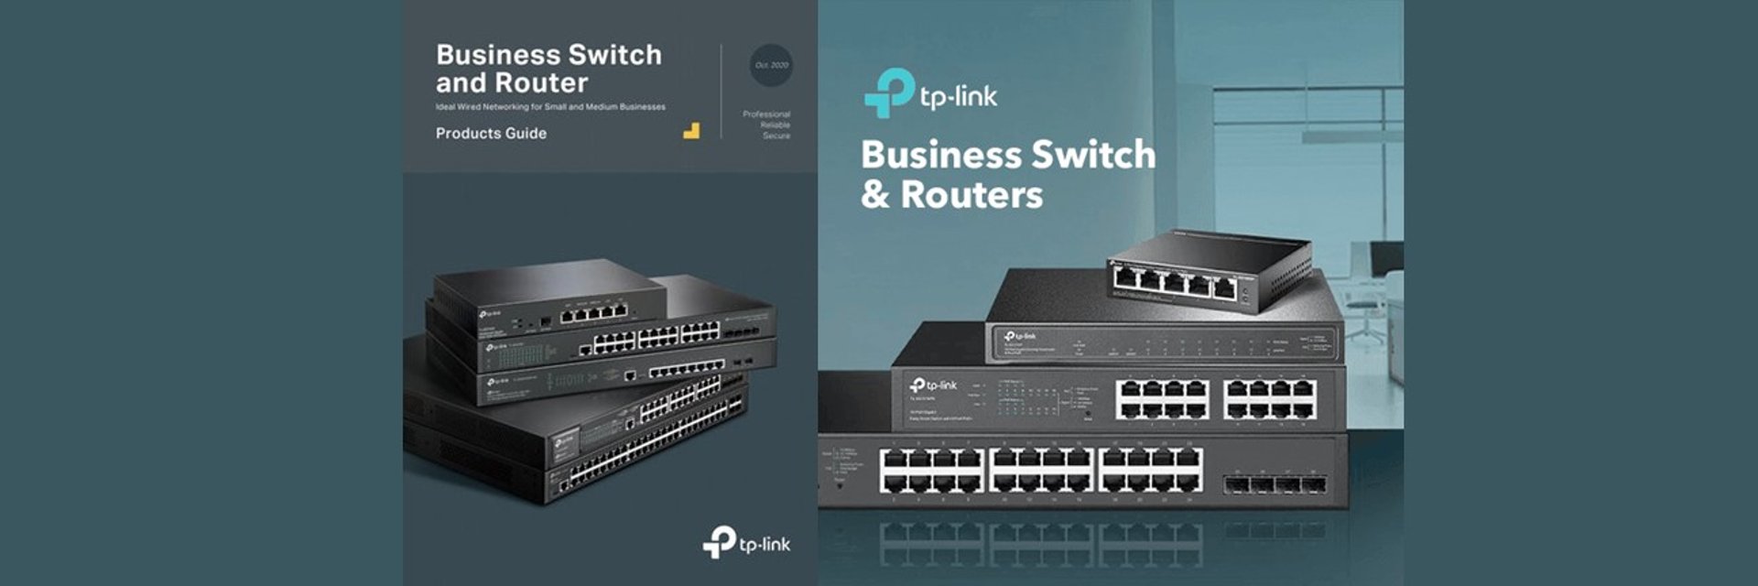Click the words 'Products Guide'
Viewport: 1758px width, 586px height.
pos(491,134)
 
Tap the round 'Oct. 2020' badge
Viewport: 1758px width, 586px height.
pos(771,65)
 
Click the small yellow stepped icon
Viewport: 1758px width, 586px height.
pos(691,131)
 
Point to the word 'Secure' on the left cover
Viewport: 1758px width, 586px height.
pos(776,136)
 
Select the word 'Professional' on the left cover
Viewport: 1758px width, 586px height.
pos(766,114)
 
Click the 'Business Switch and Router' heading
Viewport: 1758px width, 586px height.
pos(548,69)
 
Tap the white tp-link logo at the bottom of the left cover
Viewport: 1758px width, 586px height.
pos(745,543)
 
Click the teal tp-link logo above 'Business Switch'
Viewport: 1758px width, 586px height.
pos(930,93)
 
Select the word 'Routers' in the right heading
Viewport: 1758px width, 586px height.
pos(971,195)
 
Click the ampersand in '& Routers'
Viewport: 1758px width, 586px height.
pos(874,195)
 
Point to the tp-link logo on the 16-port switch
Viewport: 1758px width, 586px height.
pos(934,385)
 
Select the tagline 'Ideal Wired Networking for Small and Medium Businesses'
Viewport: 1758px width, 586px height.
pos(550,107)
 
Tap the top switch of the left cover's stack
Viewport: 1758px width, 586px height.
pos(549,298)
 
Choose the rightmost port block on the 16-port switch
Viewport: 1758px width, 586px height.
pos(1270,398)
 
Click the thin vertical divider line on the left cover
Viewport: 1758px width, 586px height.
pos(722,92)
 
